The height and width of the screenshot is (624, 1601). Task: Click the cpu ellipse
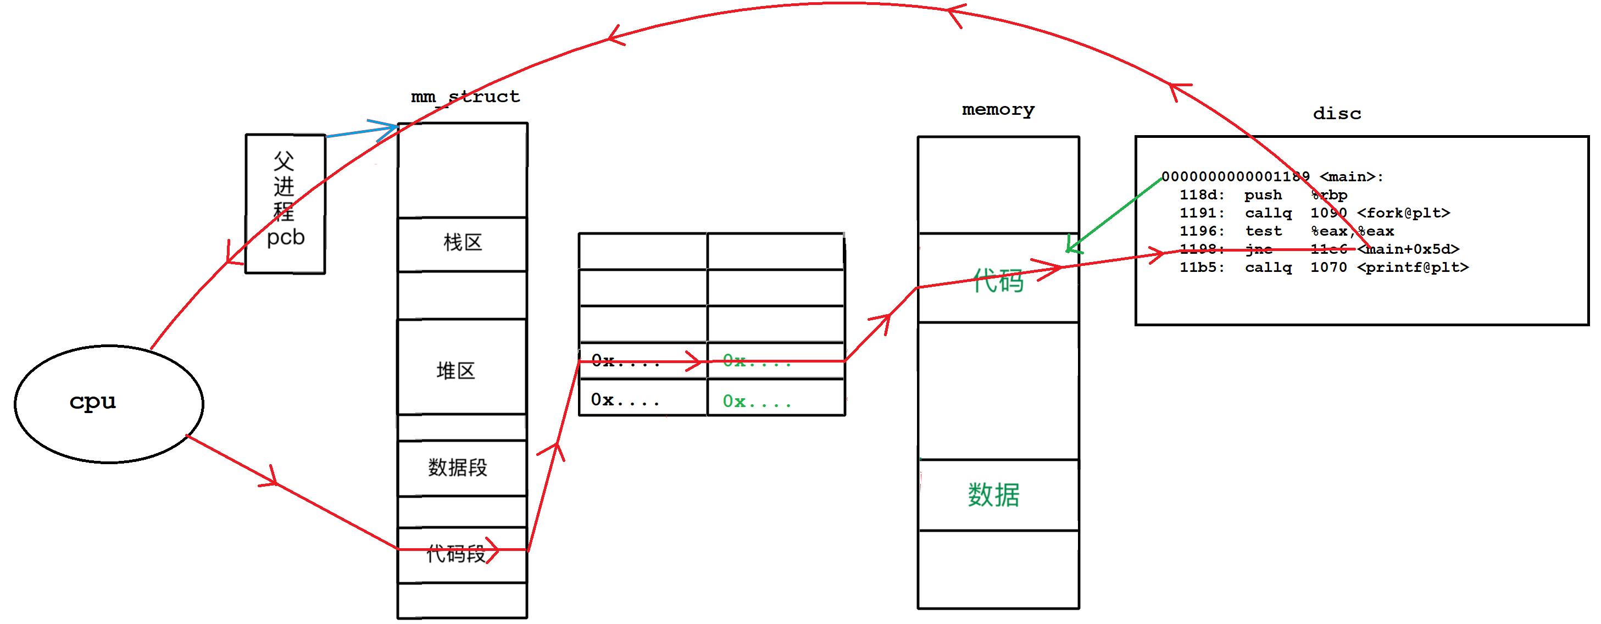(109, 404)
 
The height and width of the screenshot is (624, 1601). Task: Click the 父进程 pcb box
(285, 203)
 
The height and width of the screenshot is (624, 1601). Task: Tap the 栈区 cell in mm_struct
(463, 243)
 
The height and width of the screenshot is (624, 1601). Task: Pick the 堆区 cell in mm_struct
(455, 371)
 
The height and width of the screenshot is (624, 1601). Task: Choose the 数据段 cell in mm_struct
(458, 467)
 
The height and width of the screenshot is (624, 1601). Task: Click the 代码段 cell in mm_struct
(457, 554)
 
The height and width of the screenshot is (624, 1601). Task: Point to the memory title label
(998, 110)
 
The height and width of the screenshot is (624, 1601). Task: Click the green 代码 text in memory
(998, 281)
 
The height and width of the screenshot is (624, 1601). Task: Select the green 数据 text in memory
(993, 495)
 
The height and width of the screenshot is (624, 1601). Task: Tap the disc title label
(1337, 114)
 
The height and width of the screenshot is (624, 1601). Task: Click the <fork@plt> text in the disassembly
(1403, 213)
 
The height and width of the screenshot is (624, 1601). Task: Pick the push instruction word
(1263, 195)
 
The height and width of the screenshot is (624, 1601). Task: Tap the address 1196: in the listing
(1202, 231)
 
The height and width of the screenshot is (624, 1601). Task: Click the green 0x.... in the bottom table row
(757, 402)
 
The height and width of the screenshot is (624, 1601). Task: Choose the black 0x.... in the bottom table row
(625, 400)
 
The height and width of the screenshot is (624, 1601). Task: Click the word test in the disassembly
(1263, 231)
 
